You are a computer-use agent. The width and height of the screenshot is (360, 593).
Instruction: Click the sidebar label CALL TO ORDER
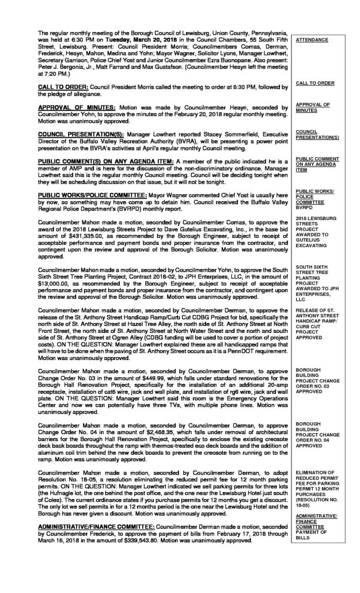314,83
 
